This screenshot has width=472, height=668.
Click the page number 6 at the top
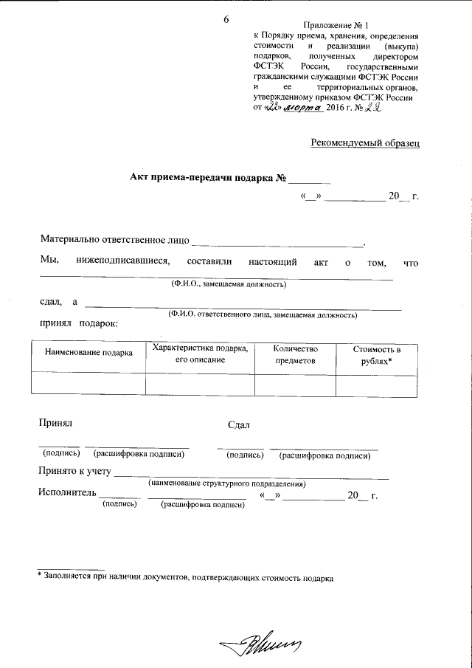pyautogui.click(x=226, y=19)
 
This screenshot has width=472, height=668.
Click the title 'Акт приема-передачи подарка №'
pyautogui.click(x=208, y=178)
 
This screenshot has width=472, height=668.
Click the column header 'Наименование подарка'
pyautogui.click(x=88, y=353)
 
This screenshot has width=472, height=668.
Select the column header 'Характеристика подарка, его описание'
pyautogui.click(x=199, y=354)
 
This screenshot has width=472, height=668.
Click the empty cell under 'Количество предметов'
pyautogui.click(x=294, y=385)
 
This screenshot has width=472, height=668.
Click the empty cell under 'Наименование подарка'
pyautogui.click(x=88, y=385)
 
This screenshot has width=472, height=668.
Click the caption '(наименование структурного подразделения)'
pyautogui.click(x=226, y=483)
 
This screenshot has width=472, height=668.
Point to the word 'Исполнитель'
pyautogui.click(x=67, y=494)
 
